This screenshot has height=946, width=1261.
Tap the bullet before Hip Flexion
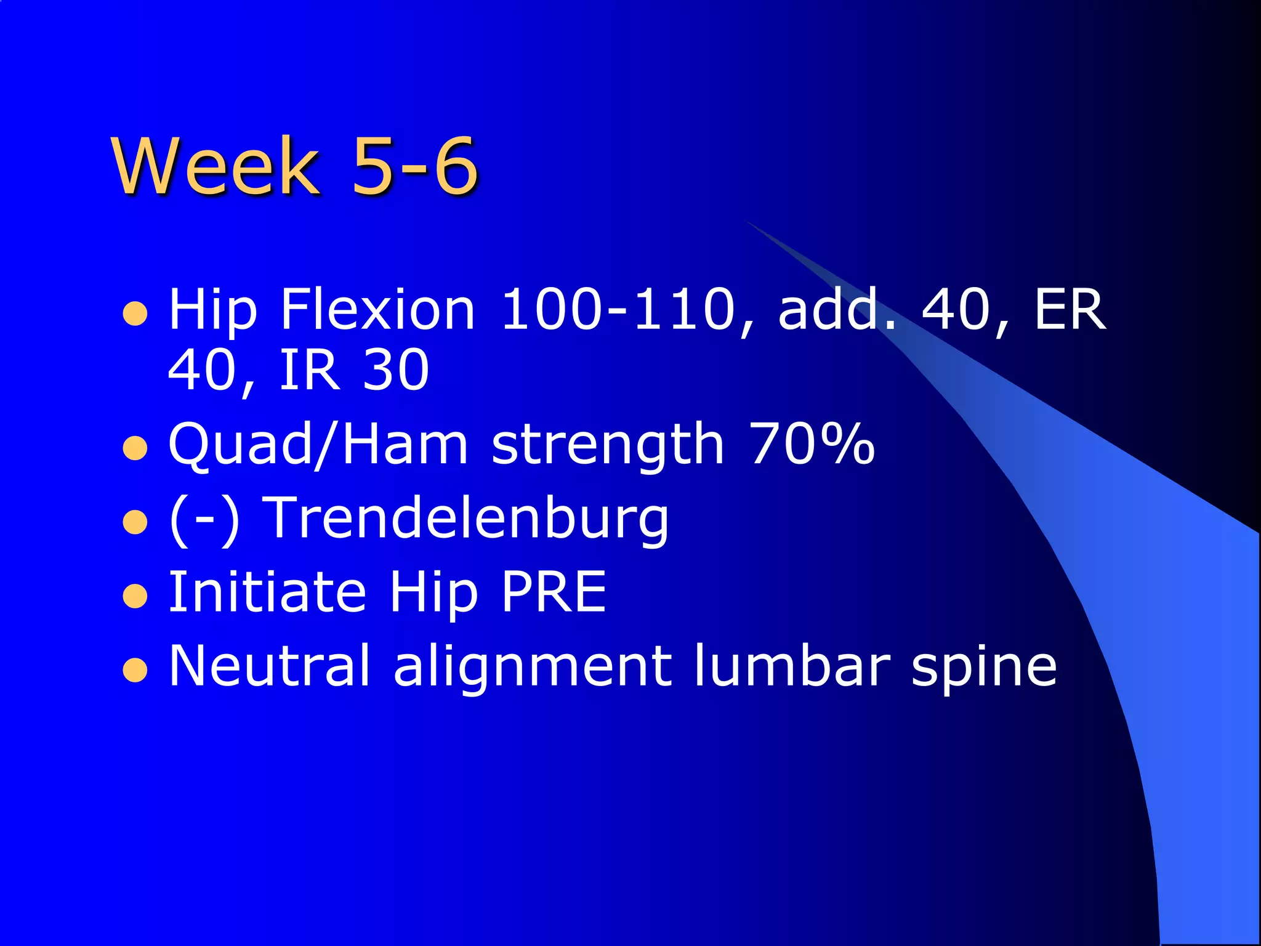pos(135,313)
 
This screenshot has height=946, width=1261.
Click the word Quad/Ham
pos(318,445)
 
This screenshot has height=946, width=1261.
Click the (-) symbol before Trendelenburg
pos(204,519)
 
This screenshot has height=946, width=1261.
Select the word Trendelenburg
pos(469,519)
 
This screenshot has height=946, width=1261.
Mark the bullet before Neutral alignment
pos(135,671)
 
